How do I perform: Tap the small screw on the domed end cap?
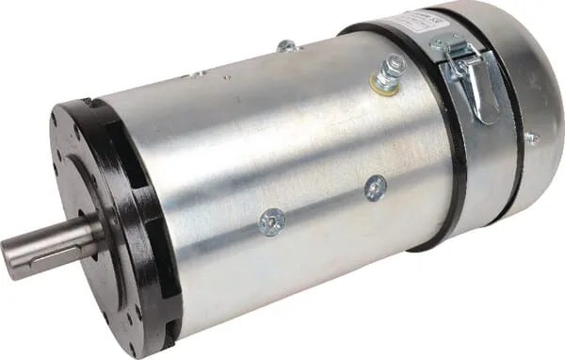click(529, 138)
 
